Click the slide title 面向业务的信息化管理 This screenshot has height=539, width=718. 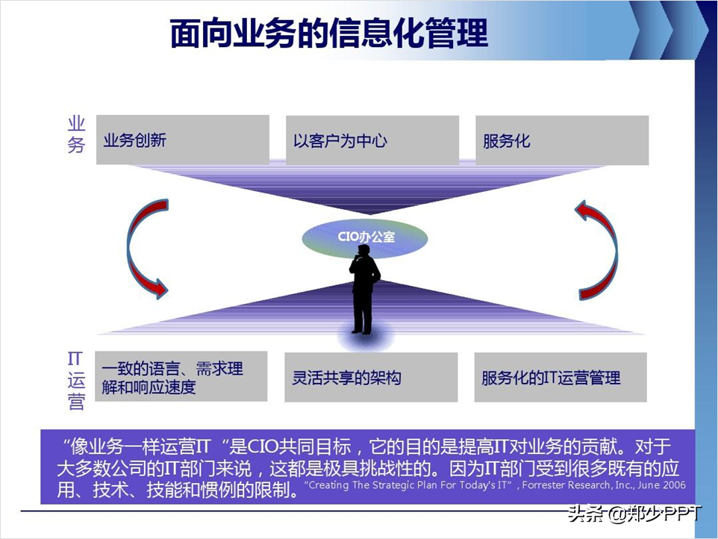coord(328,33)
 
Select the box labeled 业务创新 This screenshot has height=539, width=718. coord(183,140)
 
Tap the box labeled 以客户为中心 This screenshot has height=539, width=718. coord(372,140)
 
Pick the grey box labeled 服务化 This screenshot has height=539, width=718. coord(561,140)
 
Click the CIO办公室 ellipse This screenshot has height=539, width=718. coord(365,237)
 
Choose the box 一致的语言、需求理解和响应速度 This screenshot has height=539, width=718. coord(181,376)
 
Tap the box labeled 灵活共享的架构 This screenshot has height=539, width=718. coord(371,377)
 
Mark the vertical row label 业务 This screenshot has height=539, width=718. coord(76,135)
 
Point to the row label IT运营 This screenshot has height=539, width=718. coord(76,380)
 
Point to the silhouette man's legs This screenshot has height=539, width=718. coord(362,314)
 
